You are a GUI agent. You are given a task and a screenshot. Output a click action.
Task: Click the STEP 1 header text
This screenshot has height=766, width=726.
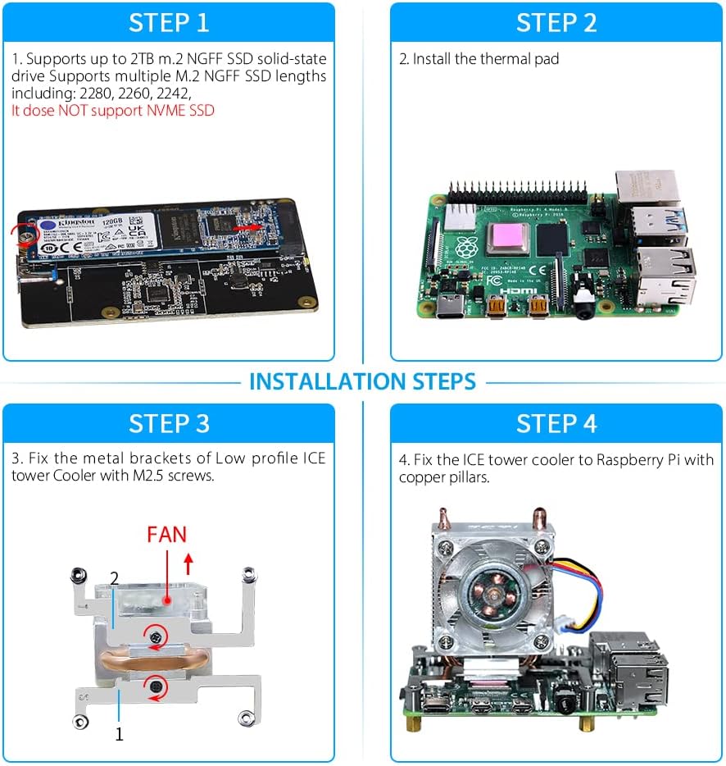click(x=169, y=22)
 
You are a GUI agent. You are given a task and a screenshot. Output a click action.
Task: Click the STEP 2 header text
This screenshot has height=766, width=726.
click(x=556, y=22)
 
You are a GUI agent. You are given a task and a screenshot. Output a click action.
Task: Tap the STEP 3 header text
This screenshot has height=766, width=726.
click(x=169, y=423)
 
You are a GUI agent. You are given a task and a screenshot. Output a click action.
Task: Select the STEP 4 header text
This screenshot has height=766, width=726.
click(x=556, y=423)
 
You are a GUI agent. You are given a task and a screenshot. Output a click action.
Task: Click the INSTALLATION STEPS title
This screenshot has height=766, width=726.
click(x=362, y=381)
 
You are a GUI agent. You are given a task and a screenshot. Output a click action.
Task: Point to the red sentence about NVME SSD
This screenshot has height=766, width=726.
click(x=113, y=110)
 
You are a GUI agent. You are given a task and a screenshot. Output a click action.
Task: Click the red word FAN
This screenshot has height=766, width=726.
click(x=167, y=535)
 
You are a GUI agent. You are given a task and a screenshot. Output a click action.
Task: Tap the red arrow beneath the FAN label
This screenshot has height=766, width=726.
click(x=188, y=563)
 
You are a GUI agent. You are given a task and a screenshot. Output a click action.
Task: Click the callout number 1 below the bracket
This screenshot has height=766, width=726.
click(x=119, y=734)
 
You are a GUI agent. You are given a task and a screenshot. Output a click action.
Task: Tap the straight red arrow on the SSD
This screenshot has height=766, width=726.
click(x=248, y=226)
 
